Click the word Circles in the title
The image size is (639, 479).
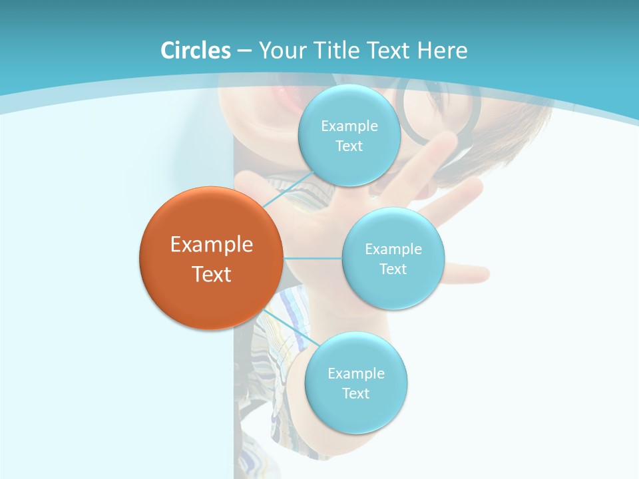pos(196,51)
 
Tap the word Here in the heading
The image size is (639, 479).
pos(442,51)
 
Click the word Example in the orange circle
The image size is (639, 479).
pos(212,245)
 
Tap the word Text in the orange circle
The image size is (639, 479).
pos(212,274)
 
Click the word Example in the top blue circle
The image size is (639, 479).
pos(349,126)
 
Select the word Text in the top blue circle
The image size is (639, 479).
pos(349,146)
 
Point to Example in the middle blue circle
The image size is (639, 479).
pos(393,249)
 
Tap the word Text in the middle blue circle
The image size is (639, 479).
pos(393,269)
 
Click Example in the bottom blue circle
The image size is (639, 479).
pos(355,374)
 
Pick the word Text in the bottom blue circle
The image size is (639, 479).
pos(355,394)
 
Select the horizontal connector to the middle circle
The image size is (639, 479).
pos(313,258)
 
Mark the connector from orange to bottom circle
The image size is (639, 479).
pos(293,328)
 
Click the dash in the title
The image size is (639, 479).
pos(244,51)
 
